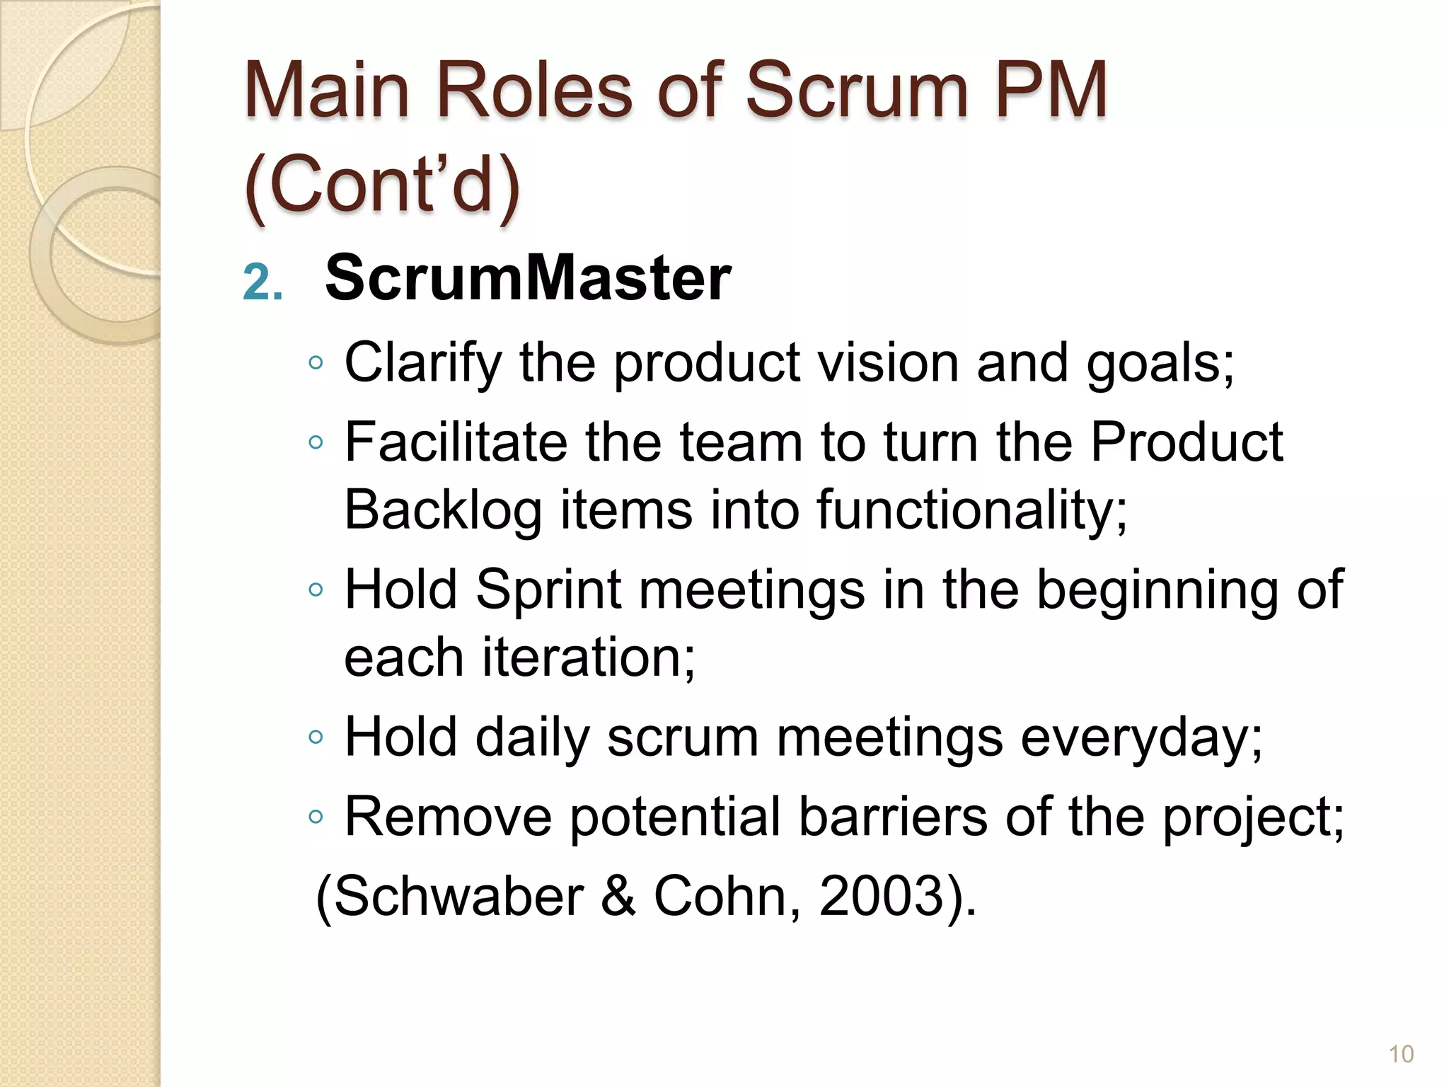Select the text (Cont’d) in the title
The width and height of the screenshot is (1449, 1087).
[x=382, y=185]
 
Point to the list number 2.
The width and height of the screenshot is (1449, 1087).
[x=262, y=284]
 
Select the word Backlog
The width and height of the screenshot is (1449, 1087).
[x=443, y=510]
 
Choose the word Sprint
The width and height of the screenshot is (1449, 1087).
[x=549, y=590]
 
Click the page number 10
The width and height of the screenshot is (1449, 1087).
[x=1401, y=1054]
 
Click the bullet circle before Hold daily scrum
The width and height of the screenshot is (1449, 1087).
[x=316, y=738]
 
